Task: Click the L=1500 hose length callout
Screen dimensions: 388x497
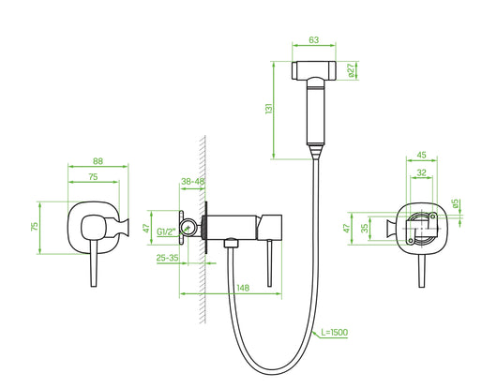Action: coord(335,333)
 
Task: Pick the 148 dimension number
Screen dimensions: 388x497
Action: coord(242,288)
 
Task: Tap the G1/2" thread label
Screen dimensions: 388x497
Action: coord(169,231)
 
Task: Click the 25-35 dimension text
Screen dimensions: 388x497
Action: coord(169,256)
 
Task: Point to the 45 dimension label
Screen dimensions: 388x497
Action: coord(421,156)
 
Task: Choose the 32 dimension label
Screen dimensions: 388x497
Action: coord(421,172)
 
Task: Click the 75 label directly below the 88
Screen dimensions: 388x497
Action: coord(94,175)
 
